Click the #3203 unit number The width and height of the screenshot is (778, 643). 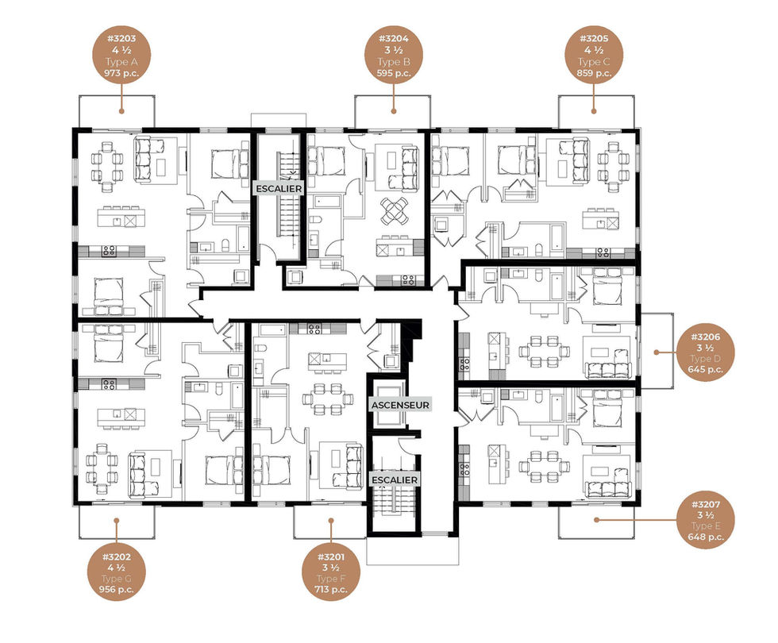coord(121,38)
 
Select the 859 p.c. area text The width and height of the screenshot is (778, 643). coord(594,73)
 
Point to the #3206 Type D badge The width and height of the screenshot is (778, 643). coord(705,352)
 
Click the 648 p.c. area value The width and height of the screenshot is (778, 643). coord(706,537)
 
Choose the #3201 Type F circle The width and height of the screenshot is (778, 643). coord(331,572)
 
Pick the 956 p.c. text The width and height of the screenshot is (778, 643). coord(116,589)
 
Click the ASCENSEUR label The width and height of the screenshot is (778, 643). coord(400,406)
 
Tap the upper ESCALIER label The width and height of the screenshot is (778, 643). coord(279,189)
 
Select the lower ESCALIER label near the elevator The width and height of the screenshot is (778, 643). coord(395,480)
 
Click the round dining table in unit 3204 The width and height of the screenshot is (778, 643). coord(394,210)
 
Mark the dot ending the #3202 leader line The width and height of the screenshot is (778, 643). coord(116,521)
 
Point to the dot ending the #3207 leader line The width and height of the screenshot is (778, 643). coord(596,520)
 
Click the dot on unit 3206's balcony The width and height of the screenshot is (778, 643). coord(656,352)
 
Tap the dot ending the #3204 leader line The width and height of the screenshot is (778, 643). coord(394,111)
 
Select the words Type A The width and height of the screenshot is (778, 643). coord(121,62)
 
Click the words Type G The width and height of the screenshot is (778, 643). coord(116,579)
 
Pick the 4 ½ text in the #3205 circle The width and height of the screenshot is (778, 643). coord(594,50)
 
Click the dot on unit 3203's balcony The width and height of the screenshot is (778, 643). coord(121,111)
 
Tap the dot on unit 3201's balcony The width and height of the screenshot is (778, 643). coord(331,521)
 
